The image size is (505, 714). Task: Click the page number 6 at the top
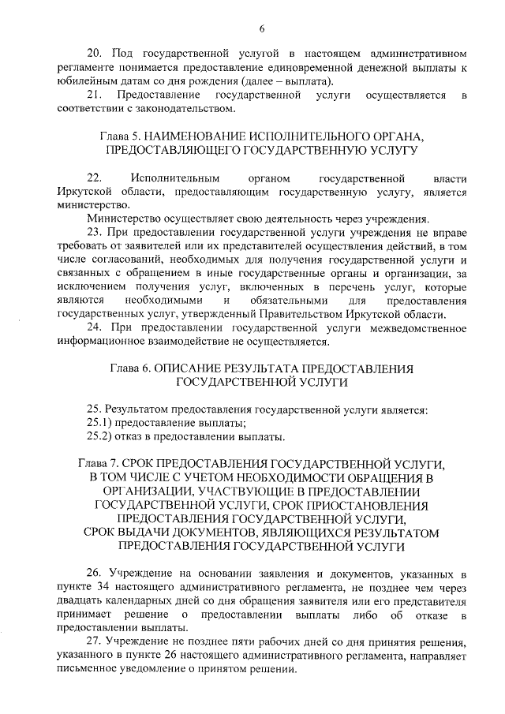pos(260,30)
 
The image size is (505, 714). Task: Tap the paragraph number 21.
pos(95,95)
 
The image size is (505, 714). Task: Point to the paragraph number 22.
pos(95,178)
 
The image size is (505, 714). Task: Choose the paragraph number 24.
pos(95,327)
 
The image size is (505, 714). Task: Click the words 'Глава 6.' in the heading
pos(129,368)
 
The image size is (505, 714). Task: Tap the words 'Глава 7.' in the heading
pos(103,464)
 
